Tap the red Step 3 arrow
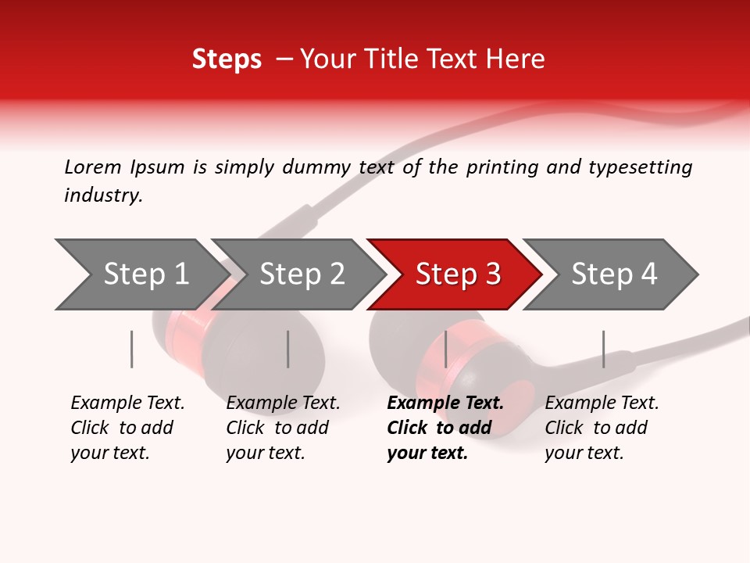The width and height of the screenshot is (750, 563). click(458, 274)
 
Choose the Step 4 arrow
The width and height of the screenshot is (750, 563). click(614, 274)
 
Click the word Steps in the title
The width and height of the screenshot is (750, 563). click(227, 59)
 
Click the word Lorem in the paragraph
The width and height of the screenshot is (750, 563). click(92, 167)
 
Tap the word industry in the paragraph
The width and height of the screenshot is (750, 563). click(103, 195)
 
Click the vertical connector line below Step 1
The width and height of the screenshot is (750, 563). click(132, 349)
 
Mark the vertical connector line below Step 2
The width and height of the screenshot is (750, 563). click(288, 349)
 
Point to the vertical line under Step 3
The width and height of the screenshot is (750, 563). click(445, 349)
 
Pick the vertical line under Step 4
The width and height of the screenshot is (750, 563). click(603, 349)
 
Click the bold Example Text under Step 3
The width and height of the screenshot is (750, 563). click(445, 403)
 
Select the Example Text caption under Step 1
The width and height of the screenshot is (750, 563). click(127, 403)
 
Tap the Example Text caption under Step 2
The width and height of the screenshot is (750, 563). click(283, 403)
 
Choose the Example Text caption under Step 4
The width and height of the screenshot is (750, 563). click(602, 403)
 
